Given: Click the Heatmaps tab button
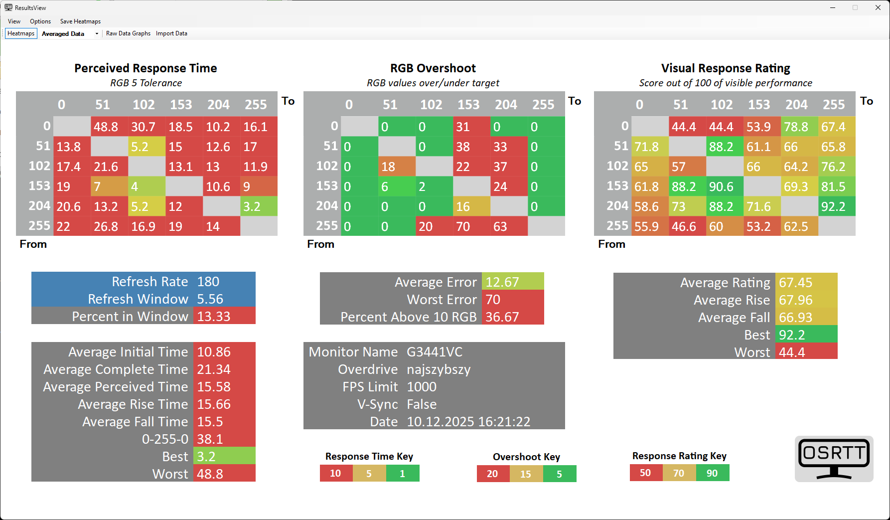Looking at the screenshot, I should coord(21,33).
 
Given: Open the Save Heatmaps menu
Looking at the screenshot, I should coord(80,21).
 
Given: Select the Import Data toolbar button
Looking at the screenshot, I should coord(171,33).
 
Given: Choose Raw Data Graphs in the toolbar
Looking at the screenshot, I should coord(128,33).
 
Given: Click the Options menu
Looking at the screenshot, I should coord(40,21).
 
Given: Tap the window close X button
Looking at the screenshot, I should coord(878,7).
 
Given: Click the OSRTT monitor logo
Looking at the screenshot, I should coord(834,459).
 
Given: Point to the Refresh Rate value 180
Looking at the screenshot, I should coord(208,282).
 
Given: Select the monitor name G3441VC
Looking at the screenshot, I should coord(435,352).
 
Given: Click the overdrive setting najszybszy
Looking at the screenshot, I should coord(439,369).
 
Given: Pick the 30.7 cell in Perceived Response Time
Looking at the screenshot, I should coord(144,127).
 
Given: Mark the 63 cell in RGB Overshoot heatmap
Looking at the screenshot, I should coord(500,227).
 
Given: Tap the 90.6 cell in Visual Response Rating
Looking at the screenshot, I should coord(721,187).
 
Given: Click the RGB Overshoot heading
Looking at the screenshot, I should coord(433,68).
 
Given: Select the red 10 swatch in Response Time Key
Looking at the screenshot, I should coord(335,473).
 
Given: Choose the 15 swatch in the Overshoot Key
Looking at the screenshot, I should coord(526,474).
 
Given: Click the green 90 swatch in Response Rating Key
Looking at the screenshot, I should coord(712,473).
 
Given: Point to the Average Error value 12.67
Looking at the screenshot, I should coord(502,282).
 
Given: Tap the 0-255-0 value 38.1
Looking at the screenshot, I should coord(210,439).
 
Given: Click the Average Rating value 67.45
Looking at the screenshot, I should coord(796,283).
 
